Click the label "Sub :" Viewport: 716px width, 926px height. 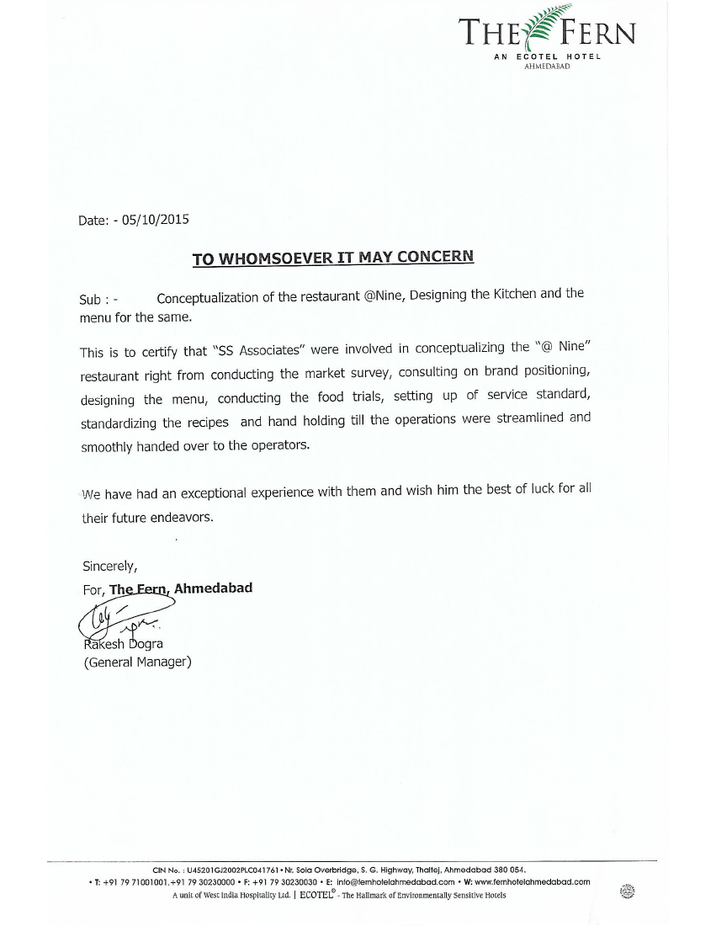tap(95, 300)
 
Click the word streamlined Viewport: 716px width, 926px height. tap(518, 418)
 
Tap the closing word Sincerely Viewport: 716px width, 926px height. tap(109, 565)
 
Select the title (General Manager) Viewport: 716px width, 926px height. tap(137, 663)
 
